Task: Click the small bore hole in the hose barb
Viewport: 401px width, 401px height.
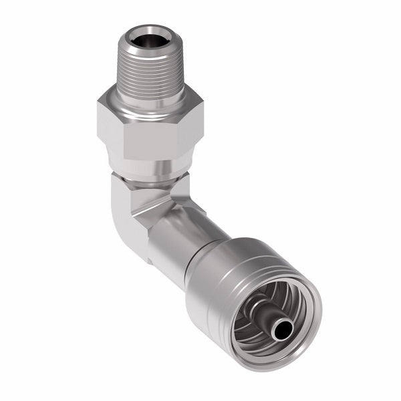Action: [282, 328]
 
